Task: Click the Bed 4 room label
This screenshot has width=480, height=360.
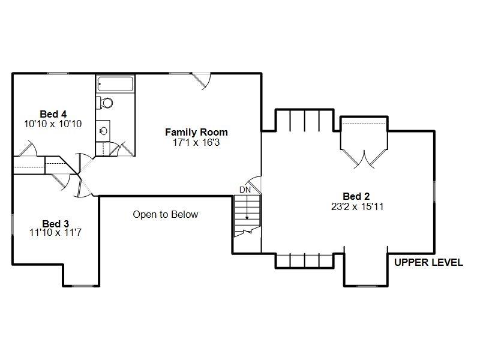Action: [x=53, y=114]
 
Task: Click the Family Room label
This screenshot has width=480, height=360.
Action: [x=196, y=132]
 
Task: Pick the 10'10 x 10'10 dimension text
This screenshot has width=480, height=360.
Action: [x=53, y=124]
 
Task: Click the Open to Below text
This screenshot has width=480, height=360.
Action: [x=165, y=214]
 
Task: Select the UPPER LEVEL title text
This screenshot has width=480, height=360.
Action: [x=428, y=262]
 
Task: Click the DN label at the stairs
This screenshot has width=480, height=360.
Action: [x=245, y=190]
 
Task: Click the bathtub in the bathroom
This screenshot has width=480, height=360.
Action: [x=115, y=84]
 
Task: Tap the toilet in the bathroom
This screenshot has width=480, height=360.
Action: [x=105, y=103]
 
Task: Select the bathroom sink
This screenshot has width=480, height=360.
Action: [x=103, y=128]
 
